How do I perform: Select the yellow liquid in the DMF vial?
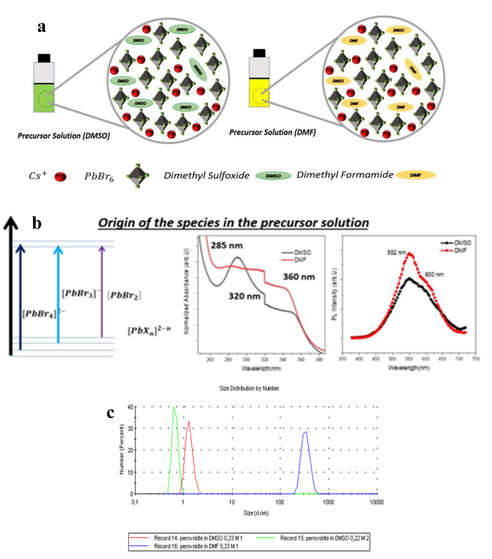click(x=259, y=93)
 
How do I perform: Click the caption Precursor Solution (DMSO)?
click(x=64, y=136)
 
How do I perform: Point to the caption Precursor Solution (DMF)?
click(x=272, y=132)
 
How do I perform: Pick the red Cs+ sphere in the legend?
click(x=60, y=177)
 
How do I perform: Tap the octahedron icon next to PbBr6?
click(x=137, y=176)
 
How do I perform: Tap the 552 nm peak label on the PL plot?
click(x=396, y=252)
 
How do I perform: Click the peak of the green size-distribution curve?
click(x=173, y=407)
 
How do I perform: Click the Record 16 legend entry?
click(x=196, y=546)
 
